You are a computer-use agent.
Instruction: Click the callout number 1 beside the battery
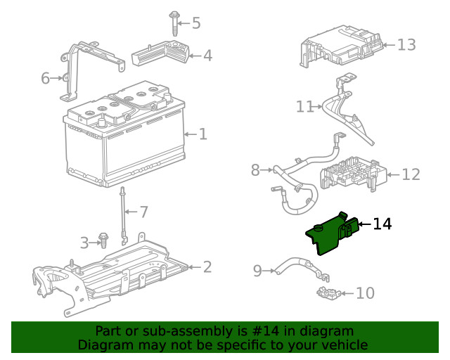coord(202,134)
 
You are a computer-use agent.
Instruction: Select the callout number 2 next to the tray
coord(207,266)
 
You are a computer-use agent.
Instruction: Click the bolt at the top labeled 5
coord(173,22)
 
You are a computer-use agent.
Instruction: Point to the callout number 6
coord(46,78)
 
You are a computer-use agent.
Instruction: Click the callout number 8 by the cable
coord(255,169)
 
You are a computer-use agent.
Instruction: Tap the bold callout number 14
coord(382,224)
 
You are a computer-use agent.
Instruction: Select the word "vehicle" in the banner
coord(344,345)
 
